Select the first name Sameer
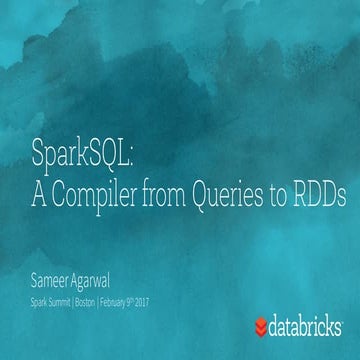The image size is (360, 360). point(50,254)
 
